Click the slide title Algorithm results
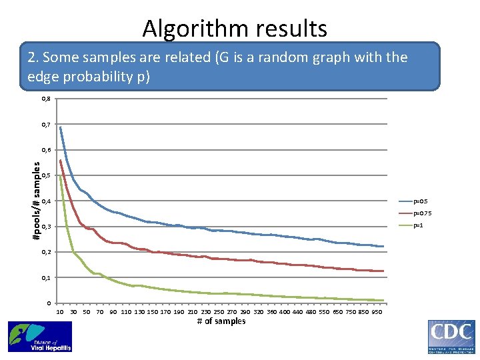(235, 29)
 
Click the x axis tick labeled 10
(60, 312)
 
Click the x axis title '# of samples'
(221, 321)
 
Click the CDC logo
(451, 336)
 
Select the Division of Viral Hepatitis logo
(39, 337)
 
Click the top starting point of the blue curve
(60, 127)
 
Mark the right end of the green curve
(383, 301)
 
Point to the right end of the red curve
(383, 271)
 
